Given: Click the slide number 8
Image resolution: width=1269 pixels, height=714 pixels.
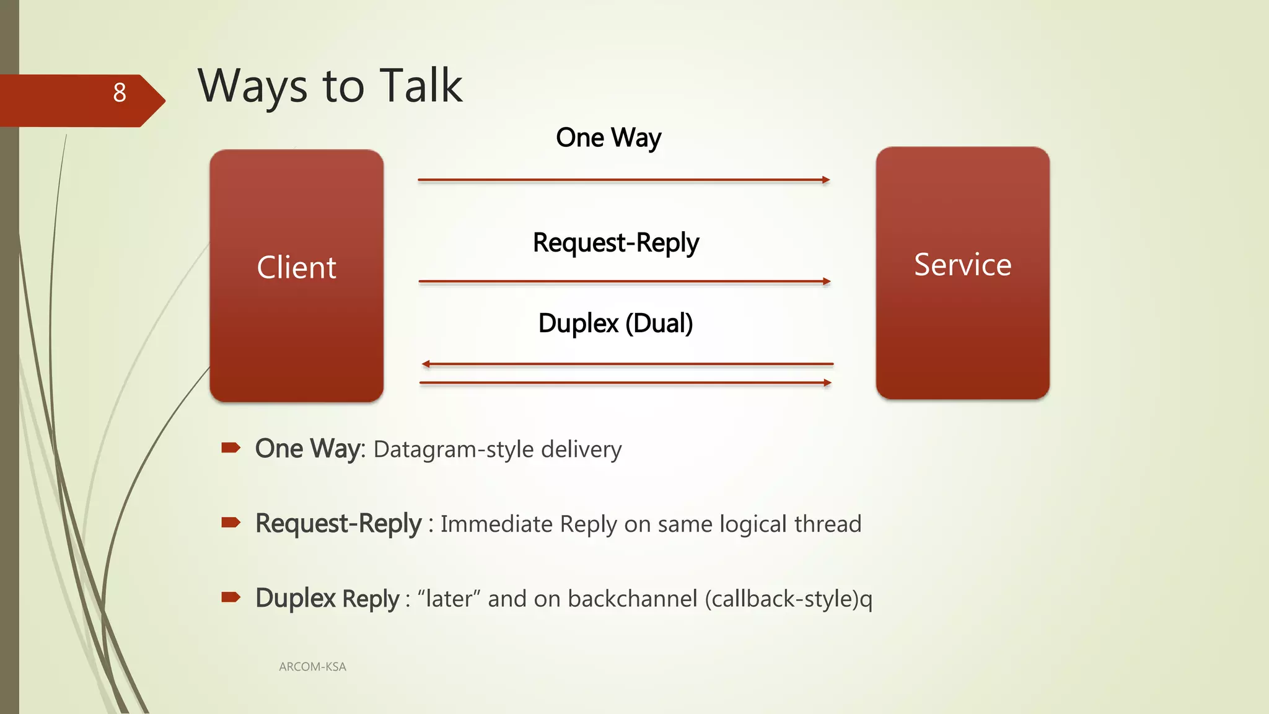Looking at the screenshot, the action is click(120, 93).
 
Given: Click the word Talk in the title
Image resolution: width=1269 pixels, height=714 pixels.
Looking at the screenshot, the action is click(421, 86).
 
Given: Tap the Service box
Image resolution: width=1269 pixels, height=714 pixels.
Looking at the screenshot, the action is click(962, 273).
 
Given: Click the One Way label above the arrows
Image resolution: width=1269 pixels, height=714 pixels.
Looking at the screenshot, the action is click(608, 138).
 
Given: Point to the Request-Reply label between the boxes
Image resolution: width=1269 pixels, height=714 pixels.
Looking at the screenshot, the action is click(616, 243).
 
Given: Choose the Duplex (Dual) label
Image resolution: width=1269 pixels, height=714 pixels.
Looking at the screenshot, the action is click(615, 324).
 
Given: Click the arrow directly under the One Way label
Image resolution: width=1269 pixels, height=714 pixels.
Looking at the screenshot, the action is click(623, 180).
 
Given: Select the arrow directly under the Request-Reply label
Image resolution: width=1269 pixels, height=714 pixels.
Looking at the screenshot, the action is click(624, 281).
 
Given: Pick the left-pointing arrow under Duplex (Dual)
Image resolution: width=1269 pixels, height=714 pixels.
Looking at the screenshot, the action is click(627, 364).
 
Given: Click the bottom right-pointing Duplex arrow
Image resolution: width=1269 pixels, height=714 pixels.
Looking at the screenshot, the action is click(625, 383).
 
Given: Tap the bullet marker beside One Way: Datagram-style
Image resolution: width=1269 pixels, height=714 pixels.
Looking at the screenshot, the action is click(231, 447).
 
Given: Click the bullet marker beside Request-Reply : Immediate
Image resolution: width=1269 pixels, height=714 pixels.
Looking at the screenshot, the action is click(231, 522).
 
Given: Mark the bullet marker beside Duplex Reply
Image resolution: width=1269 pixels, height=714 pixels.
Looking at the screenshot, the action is click(231, 597).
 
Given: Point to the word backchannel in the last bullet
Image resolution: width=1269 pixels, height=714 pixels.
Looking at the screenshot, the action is click(633, 599).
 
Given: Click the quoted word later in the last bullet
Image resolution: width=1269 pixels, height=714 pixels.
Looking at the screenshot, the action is click(449, 599).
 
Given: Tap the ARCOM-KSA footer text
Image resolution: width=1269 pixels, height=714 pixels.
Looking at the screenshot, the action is click(312, 667).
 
